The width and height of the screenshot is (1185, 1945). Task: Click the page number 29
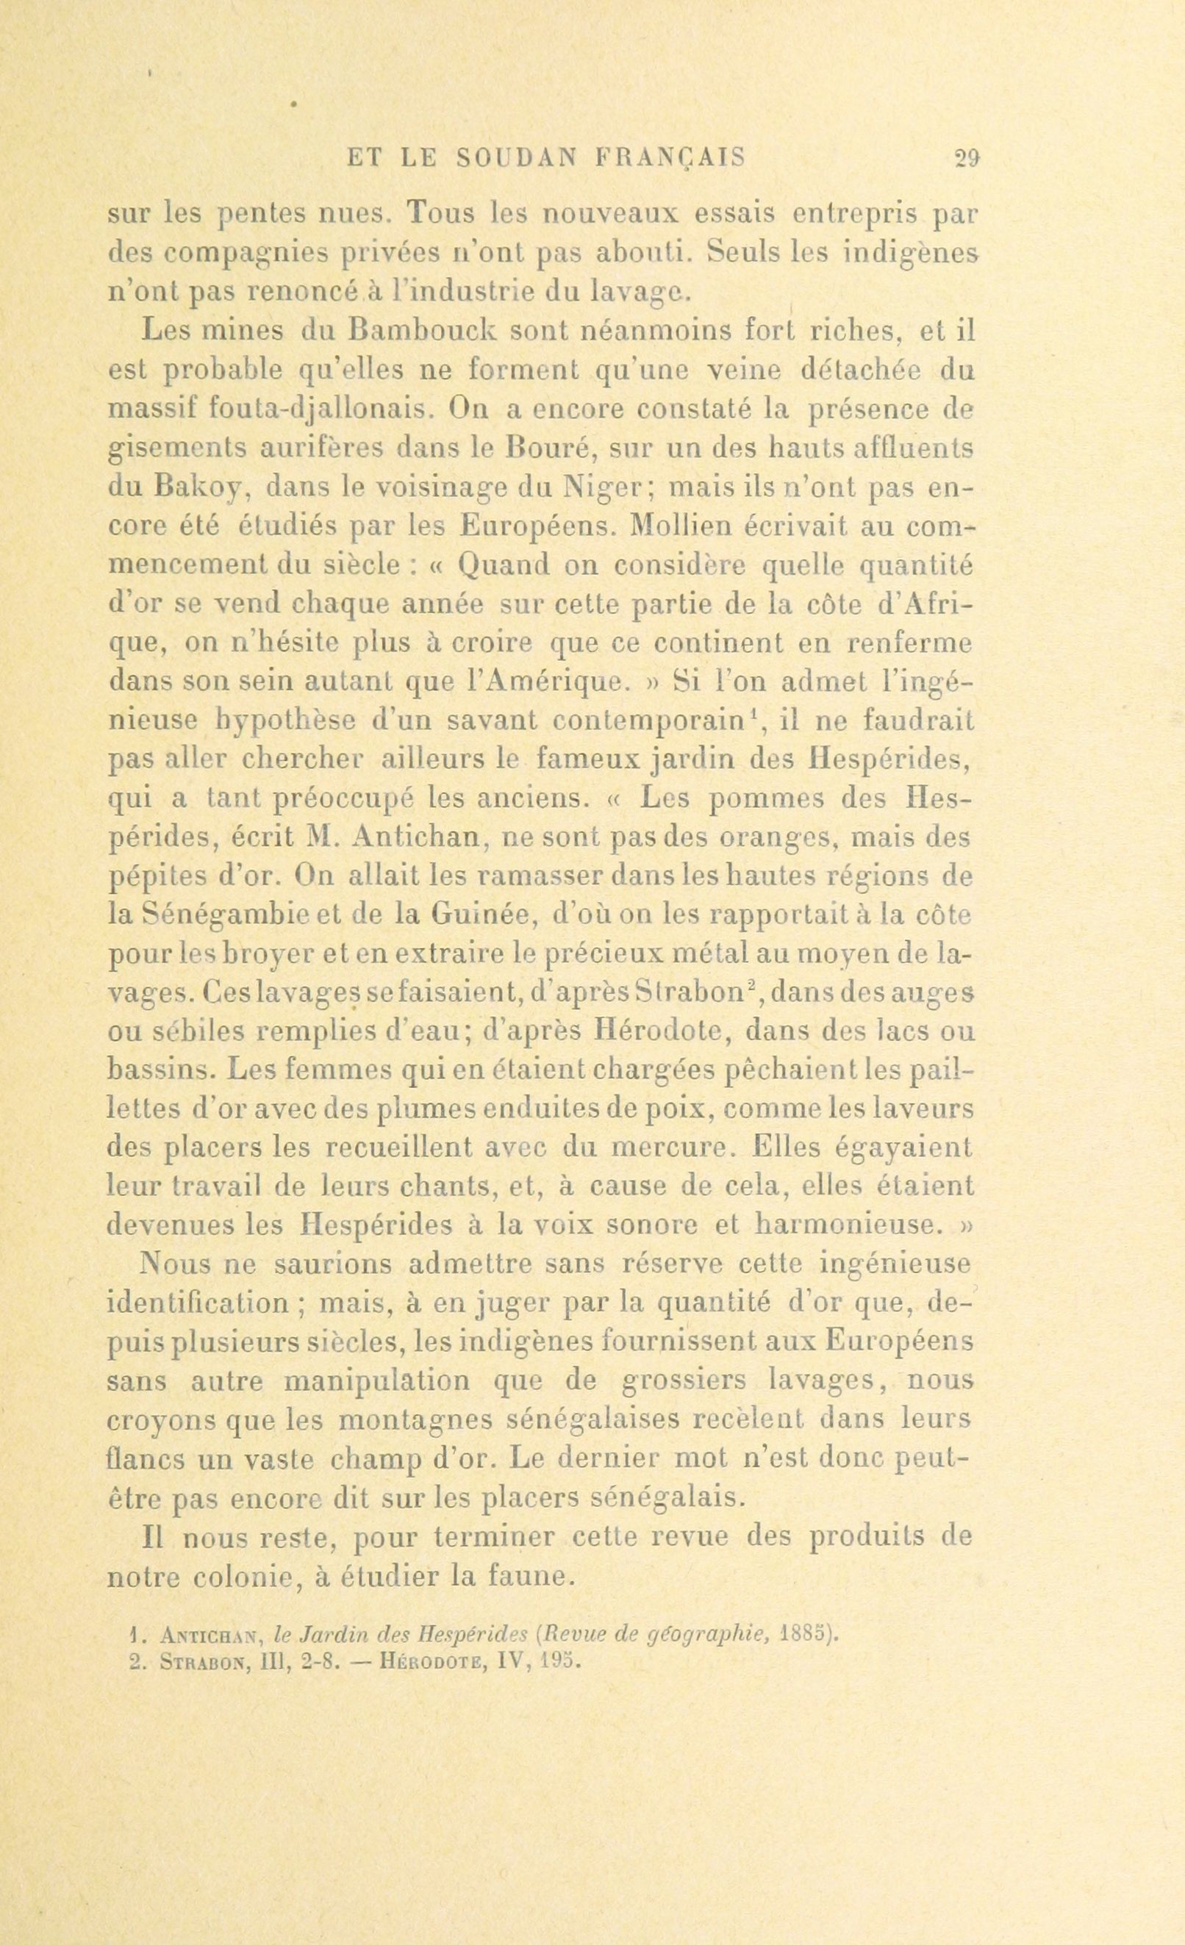[965, 157]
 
